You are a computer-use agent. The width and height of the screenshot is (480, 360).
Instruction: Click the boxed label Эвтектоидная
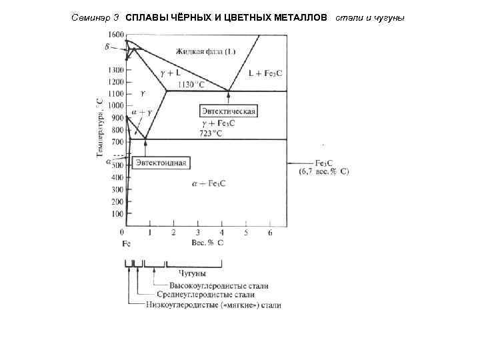click(x=161, y=162)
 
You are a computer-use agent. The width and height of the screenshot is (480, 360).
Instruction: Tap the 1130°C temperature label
click(x=193, y=85)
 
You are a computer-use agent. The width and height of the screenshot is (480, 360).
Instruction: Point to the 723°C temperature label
click(x=211, y=133)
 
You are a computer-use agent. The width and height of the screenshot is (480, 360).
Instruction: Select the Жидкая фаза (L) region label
click(x=206, y=51)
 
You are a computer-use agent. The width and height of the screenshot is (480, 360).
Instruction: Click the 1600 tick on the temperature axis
click(x=115, y=33)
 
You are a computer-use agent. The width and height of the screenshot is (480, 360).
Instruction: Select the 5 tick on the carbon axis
click(x=246, y=233)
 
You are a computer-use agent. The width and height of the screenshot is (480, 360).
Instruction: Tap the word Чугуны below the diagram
click(x=192, y=273)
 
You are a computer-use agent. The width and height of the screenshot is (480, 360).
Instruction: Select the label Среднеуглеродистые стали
click(x=205, y=295)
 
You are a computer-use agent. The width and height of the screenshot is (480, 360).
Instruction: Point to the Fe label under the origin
click(x=126, y=243)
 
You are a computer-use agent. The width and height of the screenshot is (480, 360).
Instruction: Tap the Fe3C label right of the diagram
click(x=324, y=163)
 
